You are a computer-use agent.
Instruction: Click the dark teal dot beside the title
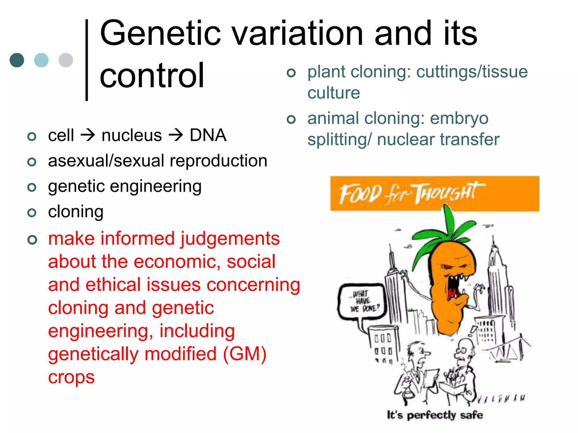tap(17, 60)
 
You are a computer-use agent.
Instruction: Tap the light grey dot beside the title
tap(66, 60)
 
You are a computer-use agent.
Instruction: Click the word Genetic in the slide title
tap(160, 33)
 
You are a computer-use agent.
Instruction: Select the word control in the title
tap(152, 76)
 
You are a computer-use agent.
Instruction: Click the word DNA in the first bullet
tap(208, 135)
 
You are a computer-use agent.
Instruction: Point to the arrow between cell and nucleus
tap(88, 135)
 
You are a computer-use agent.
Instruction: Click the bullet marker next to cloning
tap(32, 213)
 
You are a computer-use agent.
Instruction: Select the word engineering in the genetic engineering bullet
tap(156, 187)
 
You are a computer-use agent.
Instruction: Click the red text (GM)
tap(245, 354)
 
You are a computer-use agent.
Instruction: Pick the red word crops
tap(71, 377)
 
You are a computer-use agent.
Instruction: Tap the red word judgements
tap(230, 239)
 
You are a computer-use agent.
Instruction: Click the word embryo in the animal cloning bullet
tap(459, 119)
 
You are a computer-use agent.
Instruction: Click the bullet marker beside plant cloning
tap(291, 73)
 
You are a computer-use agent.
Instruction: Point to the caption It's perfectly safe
tap(435, 415)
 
